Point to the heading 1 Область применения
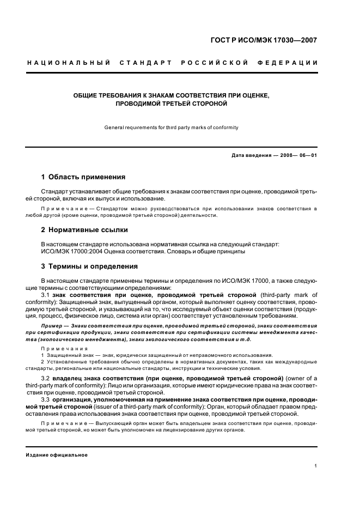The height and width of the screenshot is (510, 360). [x=83, y=177]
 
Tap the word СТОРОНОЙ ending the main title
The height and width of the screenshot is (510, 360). [x=204, y=103]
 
